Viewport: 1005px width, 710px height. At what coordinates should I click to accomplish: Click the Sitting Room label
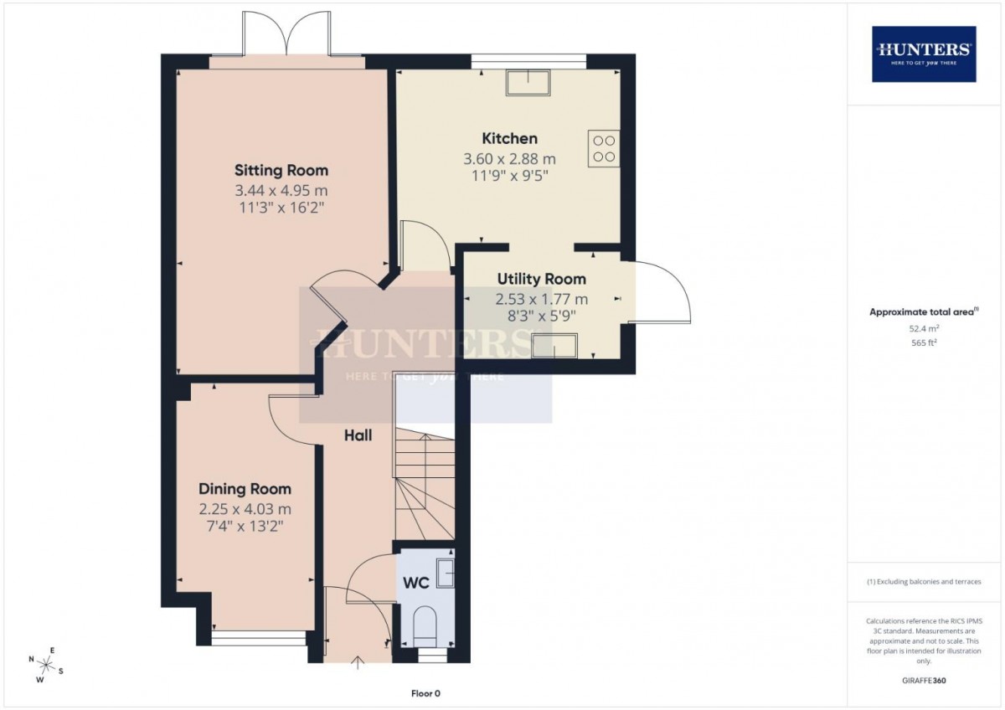281,171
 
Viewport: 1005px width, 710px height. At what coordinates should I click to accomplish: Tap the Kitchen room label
509,138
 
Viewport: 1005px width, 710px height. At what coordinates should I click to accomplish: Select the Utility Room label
542,279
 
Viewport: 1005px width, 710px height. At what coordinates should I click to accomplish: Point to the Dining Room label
245,489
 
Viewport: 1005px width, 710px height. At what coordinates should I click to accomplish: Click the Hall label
358,435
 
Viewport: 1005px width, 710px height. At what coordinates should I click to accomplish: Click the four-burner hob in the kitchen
603,148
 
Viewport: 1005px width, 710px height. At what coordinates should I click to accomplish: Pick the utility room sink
554,345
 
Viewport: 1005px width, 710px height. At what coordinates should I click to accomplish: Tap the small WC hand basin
446,572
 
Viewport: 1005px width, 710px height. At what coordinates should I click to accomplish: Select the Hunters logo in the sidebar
924,54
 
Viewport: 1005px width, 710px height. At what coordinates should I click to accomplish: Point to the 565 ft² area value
924,342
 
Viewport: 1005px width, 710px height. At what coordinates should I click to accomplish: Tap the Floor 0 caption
425,693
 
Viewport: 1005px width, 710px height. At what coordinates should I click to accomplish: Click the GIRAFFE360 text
924,681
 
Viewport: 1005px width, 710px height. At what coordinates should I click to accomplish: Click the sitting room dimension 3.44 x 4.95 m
281,191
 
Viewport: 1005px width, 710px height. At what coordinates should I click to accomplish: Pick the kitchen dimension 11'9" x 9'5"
509,175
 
